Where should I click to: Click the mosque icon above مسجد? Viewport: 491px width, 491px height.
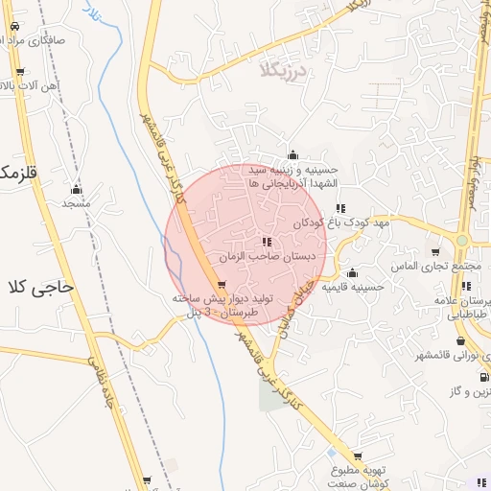[76, 189]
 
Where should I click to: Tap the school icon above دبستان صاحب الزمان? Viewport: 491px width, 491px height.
[266, 242]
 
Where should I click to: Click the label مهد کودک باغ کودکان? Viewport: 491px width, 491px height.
[380, 222]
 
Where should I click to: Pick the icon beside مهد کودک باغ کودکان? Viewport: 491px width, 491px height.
[340, 208]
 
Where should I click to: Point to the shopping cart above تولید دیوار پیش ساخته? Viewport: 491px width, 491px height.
[222, 284]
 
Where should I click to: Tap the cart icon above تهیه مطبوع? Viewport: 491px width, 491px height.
[358, 456]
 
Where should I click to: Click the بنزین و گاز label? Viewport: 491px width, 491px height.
[470, 392]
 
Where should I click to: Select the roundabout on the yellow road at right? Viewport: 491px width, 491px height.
[462, 240]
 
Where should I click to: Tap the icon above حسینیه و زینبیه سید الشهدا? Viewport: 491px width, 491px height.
[292, 155]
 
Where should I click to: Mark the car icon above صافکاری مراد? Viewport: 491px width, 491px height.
[21, 29]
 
